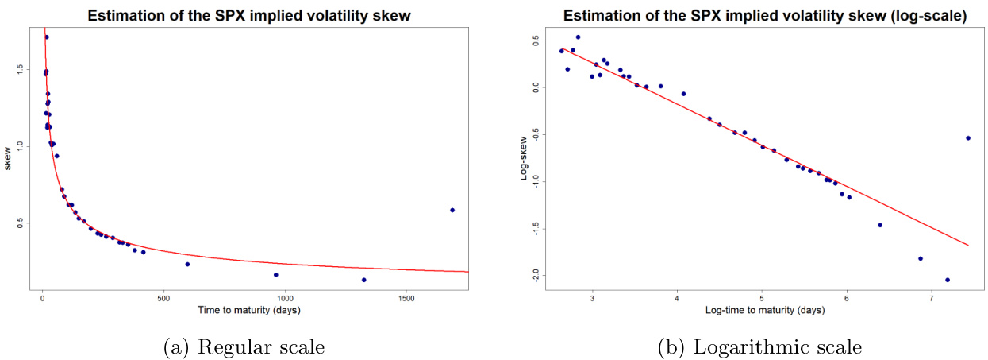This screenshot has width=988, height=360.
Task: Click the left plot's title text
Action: (x=251, y=15)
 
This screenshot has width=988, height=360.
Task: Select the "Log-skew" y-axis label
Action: (x=523, y=161)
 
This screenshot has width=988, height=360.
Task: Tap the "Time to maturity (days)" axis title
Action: (x=248, y=309)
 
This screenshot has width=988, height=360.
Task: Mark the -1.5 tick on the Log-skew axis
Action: (x=535, y=228)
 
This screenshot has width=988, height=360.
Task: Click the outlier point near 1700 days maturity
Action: (x=452, y=210)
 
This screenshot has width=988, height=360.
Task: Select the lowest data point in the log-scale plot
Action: (x=948, y=280)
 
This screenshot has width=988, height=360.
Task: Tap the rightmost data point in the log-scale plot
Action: (x=968, y=137)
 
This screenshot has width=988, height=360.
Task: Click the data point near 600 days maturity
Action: (x=187, y=264)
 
